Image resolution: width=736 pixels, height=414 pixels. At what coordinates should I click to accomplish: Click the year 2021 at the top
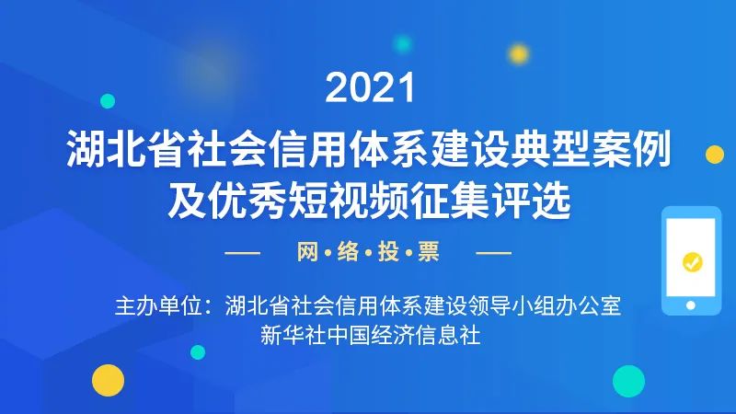pos(371,87)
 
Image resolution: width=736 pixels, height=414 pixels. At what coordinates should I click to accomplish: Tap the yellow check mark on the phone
pos(693,262)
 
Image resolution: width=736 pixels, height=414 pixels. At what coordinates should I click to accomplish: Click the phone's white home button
pos(691,305)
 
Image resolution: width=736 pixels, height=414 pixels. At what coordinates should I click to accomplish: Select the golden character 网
pos(307,252)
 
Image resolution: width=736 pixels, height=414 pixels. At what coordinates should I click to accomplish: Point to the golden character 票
pos(429,252)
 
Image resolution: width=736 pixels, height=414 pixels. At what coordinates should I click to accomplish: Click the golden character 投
pos(388,252)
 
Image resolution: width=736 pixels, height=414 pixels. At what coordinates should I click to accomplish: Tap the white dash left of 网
pos(242,253)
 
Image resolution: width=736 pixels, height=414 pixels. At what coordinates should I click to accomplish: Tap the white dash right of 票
pos(494,253)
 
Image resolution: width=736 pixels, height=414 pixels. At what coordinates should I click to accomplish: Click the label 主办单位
pos(158,306)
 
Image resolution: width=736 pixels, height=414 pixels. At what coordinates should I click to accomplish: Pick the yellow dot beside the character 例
pos(715,155)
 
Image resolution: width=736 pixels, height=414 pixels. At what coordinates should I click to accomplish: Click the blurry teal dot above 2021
pos(402,44)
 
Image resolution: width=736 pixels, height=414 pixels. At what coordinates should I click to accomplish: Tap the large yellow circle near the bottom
pos(108,380)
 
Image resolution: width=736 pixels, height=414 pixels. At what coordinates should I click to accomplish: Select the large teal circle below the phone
pos(628,381)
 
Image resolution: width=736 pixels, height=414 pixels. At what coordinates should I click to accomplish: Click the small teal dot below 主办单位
pos(198,352)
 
